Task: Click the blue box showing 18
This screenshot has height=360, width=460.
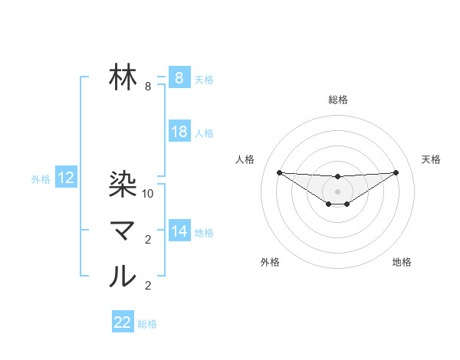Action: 179,132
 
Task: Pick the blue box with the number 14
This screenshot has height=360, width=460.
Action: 179,231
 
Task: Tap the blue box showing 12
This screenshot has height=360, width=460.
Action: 66,178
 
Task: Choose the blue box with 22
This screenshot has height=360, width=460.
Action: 123,322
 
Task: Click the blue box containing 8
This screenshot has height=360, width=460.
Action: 179,78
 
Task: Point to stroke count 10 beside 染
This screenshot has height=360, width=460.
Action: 149,194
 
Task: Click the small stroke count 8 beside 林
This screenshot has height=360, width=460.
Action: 148,87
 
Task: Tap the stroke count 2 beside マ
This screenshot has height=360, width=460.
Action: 148,241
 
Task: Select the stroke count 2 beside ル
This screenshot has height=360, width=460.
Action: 148,286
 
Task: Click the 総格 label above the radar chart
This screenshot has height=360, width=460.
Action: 337,100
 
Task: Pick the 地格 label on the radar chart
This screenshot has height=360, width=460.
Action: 402,263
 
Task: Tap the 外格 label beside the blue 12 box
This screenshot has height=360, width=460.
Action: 41,179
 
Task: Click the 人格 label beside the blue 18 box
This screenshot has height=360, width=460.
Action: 204,133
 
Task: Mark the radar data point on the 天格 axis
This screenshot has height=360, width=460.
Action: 396,172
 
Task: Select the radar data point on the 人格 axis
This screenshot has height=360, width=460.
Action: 279,172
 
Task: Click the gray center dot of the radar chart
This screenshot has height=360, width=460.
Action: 337,191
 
